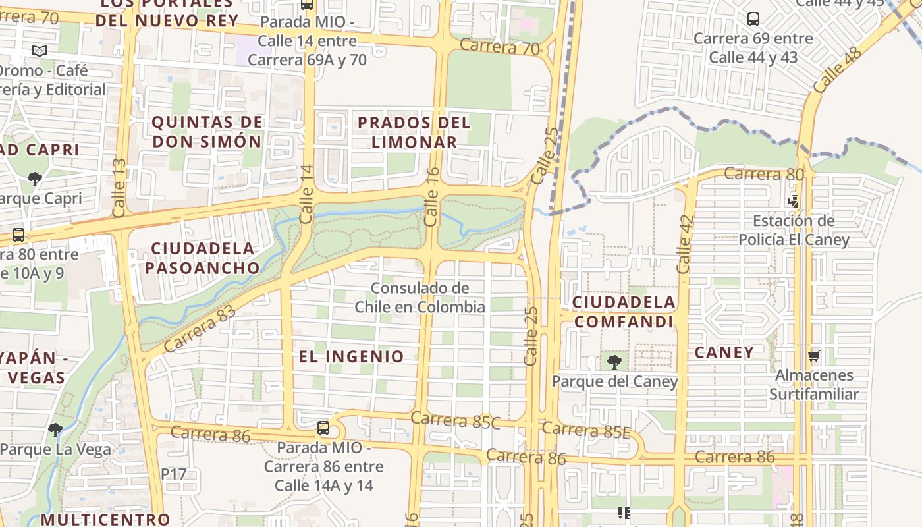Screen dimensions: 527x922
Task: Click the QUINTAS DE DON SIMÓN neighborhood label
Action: (x=207, y=132)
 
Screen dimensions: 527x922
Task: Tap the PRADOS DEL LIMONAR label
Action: (x=414, y=132)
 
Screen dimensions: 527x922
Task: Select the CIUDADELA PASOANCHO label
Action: (x=203, y=258)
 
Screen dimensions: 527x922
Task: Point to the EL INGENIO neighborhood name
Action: (x=352, y=357)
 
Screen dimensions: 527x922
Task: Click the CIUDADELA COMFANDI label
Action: (x=624, y=312)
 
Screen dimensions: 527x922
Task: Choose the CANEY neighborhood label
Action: (x=724, y=353)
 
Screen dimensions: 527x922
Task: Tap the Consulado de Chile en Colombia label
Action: (x=420, y=297)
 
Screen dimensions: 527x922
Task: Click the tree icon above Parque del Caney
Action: (x=614, y=362)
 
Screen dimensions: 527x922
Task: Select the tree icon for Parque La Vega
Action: (x=55, y=430)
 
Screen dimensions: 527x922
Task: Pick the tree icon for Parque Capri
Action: (x=34, y=179)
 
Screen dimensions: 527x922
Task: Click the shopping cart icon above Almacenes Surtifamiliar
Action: (x=814, y=356)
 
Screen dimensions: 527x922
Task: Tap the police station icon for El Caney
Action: (x=794, y=201)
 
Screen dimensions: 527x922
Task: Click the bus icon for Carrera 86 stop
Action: (x=323, y=428)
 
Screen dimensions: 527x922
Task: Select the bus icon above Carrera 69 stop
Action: (x=753, y=19)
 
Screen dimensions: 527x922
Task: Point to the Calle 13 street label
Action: (x=119, y=188)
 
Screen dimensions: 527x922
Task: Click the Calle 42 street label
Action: (x=685, y=244)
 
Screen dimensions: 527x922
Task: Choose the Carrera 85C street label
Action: (x=456, y=420)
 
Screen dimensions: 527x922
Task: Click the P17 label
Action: (x=174, y=474)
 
